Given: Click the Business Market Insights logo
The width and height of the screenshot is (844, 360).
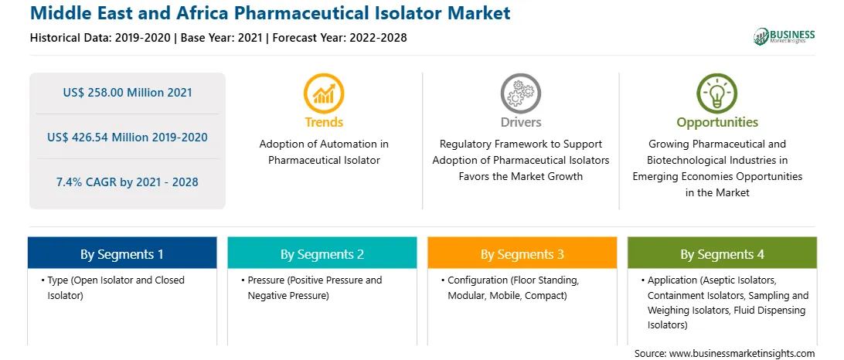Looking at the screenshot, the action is point(784,36).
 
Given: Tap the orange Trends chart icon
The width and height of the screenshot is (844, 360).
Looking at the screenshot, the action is point(324,93).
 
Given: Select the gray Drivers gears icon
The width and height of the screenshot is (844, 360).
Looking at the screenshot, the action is point(520,93).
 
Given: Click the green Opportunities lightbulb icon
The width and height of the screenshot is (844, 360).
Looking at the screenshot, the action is point(717,93).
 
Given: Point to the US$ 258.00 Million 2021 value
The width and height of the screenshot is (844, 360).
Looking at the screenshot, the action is point(128,93).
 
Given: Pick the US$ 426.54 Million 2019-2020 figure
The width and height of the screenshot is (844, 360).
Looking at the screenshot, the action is point(128,138).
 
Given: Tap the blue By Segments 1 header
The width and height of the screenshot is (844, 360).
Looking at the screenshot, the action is point(122,254).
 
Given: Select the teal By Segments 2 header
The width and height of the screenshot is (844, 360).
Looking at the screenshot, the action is point(322,254).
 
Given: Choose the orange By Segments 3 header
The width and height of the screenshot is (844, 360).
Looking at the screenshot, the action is point(522,254).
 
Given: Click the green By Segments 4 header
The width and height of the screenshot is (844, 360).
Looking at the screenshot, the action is point(723,254).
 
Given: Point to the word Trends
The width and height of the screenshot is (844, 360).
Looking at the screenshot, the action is point(324,122).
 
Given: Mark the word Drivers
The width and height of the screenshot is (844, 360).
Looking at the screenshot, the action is point(520,122).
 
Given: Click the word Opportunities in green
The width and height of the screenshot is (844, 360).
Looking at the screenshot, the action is point(717,123).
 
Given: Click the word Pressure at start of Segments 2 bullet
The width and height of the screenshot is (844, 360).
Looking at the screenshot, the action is point(267,280).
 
